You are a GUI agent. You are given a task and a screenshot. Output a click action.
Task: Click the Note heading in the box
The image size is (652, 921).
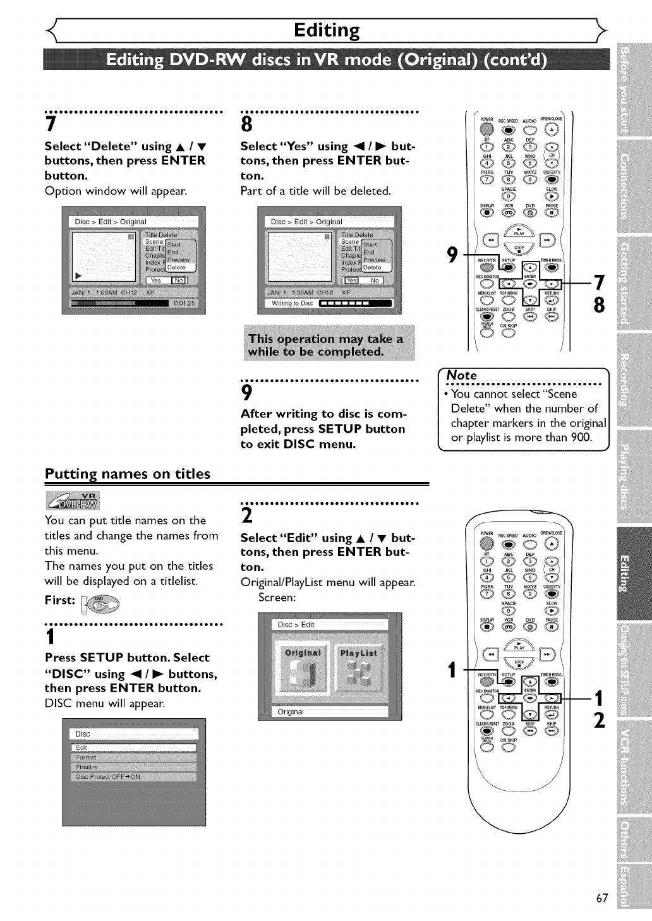coord(462,375)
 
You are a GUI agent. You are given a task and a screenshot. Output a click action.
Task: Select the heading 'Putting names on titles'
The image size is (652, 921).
coord(127,474)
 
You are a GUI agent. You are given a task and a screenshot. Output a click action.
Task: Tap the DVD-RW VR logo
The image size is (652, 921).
coord(73,499)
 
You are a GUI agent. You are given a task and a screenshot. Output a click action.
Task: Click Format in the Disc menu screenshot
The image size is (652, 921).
coord(86,757)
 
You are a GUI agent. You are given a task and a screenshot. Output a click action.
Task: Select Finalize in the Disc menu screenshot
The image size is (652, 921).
coord(87,767)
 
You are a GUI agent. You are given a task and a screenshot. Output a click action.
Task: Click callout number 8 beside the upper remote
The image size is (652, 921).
coord(599,305)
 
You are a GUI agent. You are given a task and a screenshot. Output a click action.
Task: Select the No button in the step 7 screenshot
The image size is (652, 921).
coord(179,280)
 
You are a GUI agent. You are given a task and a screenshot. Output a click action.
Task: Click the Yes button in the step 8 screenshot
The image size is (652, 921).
coord(351,280)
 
